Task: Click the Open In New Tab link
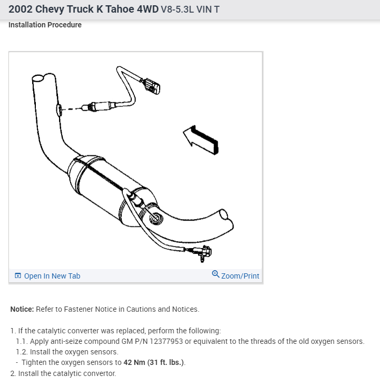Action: point(52,276)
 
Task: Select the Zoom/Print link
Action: point(240,276)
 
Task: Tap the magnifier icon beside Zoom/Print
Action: point(215,274)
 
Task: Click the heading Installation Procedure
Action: point(45,25)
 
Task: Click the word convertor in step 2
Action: point(99,373)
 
